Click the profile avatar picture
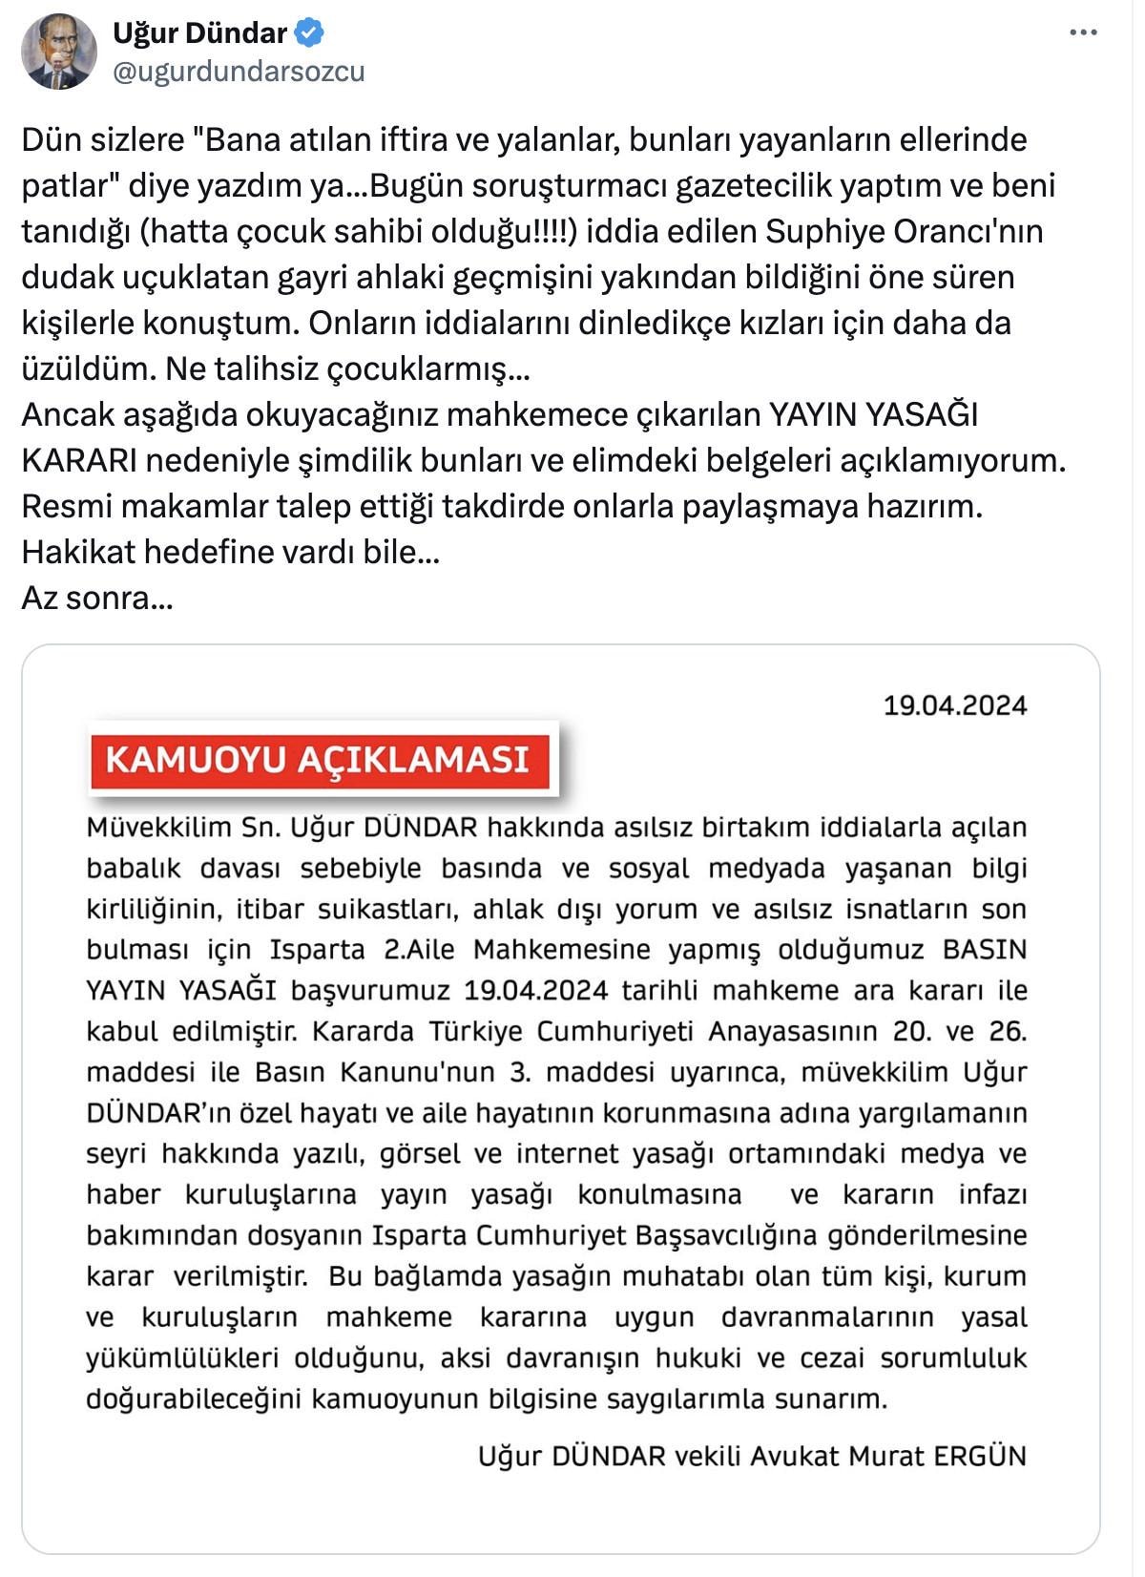click(59, 52)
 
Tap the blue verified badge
click(309, 33)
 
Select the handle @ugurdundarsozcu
click(239, 72)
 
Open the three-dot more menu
click(1083, 33)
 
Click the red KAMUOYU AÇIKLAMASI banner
click(319, 760)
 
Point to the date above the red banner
click(954, 705)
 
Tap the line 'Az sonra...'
click(97, 599)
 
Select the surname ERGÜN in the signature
click(979, 1457)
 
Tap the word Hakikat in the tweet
click(85, 553)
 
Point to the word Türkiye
click(475, 1032)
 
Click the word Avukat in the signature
click(795, 1457)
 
